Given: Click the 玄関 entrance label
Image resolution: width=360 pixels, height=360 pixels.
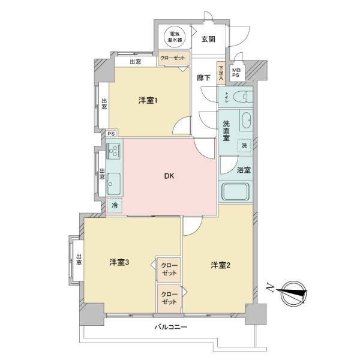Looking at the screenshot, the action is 208,39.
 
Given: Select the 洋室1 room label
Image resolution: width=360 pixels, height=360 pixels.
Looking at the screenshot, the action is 148,100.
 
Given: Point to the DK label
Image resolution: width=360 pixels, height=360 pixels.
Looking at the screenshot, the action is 169,176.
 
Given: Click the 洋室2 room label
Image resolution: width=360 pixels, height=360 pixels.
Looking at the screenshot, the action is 220,265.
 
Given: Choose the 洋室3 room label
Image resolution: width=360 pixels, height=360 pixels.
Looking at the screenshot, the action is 119,262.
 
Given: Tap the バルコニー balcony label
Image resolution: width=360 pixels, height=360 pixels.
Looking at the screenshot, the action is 171,327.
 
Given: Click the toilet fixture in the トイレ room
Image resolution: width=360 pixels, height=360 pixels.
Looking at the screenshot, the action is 242,97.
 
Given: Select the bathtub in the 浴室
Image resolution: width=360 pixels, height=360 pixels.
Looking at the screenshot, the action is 235,192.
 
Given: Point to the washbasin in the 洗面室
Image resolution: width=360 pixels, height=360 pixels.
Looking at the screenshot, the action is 247,121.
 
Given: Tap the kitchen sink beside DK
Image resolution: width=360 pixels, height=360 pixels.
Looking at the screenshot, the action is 113,184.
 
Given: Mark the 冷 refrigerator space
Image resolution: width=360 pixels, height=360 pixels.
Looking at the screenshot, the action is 115,205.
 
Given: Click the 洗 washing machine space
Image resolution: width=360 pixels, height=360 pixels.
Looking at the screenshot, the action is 244,146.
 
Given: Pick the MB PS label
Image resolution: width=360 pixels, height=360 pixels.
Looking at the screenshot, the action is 236,73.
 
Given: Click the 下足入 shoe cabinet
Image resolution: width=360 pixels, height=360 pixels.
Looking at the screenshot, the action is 221,73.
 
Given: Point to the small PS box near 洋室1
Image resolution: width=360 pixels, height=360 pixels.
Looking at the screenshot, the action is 112,134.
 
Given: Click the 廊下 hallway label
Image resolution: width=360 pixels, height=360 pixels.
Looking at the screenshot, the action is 203,78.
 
